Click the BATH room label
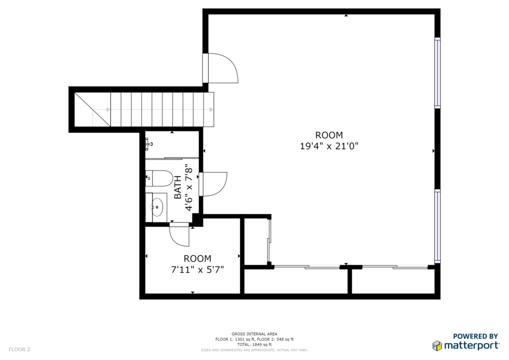(178, 187)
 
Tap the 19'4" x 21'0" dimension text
(329, 146)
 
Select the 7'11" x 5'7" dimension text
(197, 270)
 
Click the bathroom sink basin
(157, 207)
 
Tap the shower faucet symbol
(148, 144)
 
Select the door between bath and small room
(179, 234)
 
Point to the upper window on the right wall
(437, 73)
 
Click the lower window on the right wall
(437, 226)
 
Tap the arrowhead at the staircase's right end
(211, 110)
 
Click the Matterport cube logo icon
(437, 346)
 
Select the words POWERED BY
(475, 336)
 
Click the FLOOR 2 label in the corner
(19, 350)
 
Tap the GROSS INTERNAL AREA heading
(254, 334)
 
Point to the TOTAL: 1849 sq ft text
(254, 345)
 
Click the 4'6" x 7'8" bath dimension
(189, 187)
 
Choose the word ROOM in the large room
(329, 135)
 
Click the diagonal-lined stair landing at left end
(92, 109)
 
